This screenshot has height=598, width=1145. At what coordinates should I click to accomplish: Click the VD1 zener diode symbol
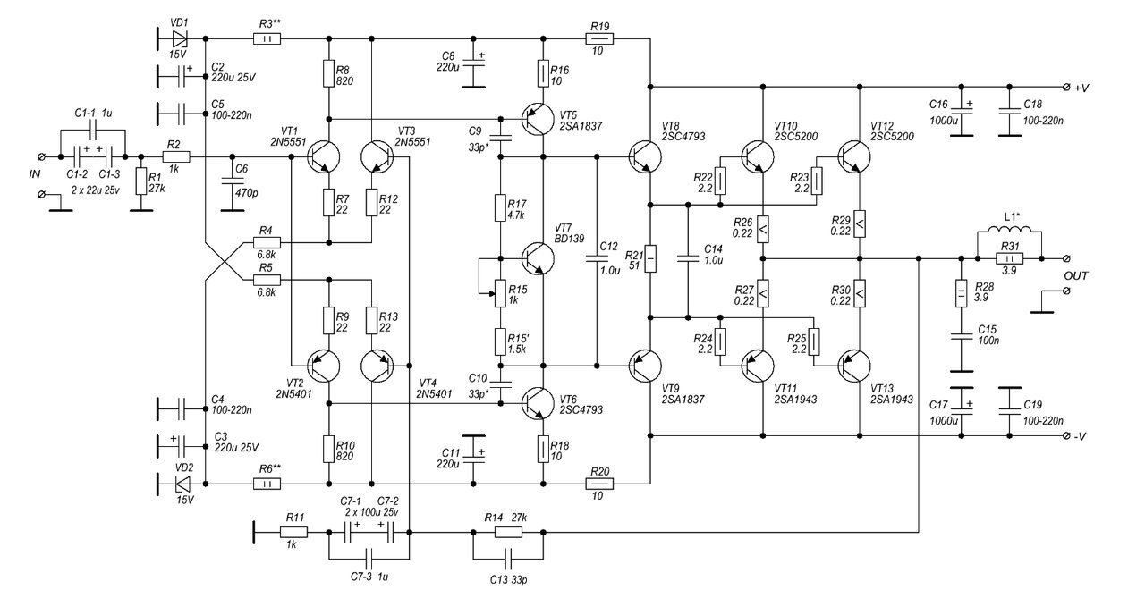coord(180,38)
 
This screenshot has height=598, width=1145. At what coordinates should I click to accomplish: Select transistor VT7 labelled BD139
coord(538,259)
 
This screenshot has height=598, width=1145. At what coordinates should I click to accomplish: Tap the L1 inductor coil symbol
coord(1010,230)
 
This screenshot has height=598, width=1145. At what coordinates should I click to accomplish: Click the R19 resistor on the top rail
coord(599,38)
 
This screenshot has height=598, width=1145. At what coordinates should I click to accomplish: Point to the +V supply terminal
coord(1066,88)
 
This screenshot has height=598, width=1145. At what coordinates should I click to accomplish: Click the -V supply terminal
coord(1066,436)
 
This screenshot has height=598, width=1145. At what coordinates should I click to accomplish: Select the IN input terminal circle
coord(41,156)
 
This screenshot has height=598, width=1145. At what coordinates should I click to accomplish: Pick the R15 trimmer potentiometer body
coord(500,294)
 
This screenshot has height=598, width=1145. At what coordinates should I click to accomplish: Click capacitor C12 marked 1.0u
coord(597,259)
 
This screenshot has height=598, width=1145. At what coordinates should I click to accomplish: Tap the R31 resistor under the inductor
coord(1010,259)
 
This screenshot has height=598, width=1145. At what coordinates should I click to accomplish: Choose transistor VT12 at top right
coord(854,156)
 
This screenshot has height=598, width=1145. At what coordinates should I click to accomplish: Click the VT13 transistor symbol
coord(854,366)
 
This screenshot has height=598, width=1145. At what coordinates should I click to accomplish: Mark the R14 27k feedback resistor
coord(509,533)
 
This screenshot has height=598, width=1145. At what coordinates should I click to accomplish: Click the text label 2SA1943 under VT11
coord(795,400)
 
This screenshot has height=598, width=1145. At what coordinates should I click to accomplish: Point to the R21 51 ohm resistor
coord(650,259)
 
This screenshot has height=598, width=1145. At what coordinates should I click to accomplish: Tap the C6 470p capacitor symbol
coord(233,181)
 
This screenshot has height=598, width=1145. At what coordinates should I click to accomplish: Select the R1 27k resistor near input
coord(141,181)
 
